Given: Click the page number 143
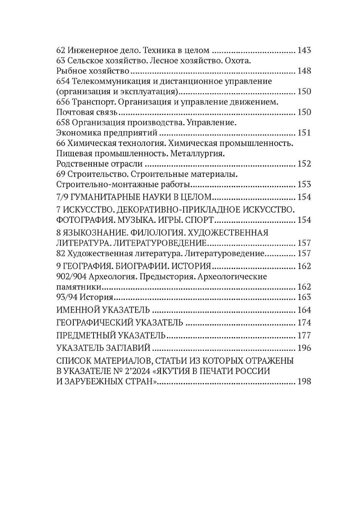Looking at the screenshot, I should click(304, 50).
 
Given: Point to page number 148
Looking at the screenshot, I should click(304, 71).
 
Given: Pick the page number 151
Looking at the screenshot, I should click(304, 133).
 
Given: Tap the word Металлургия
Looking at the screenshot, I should click(200, 153).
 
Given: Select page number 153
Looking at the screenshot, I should click(304, 185).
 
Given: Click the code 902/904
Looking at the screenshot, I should click(73, 277).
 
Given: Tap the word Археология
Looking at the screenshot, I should click(115, 277).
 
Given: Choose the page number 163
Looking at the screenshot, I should click(304, 298).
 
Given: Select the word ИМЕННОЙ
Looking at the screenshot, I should click(79, 310).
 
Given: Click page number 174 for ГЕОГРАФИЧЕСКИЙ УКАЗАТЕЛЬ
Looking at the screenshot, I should click(304, 322).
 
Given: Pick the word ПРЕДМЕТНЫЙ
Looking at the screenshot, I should click(86, 335).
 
